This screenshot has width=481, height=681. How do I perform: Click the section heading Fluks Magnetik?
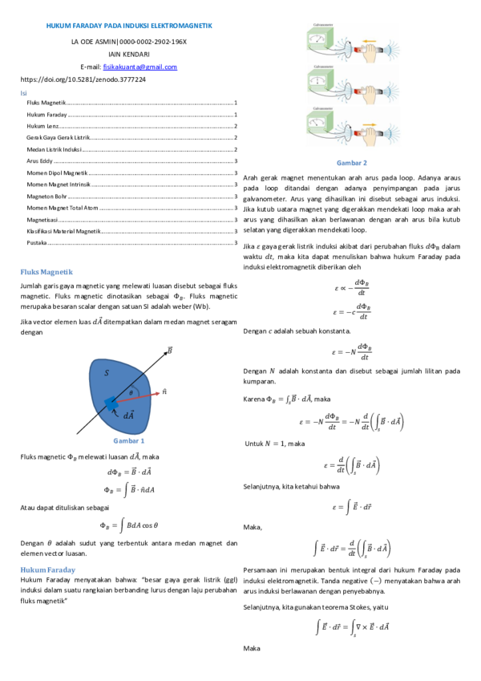(46, 272)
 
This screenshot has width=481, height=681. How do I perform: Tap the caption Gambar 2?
(353, 163)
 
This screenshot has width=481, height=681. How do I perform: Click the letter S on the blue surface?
(107, 373)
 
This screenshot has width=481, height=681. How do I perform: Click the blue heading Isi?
(23, 93)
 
